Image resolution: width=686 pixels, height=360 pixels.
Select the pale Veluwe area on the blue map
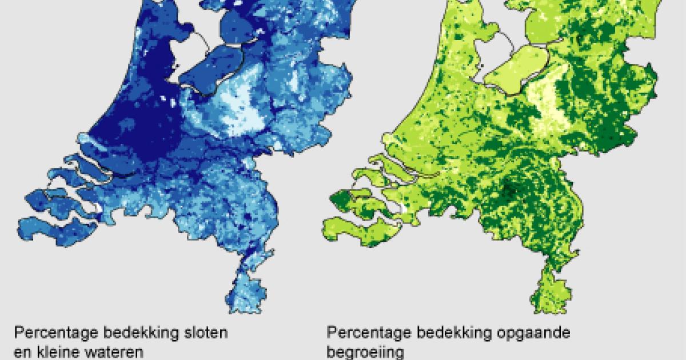[243, 111]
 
